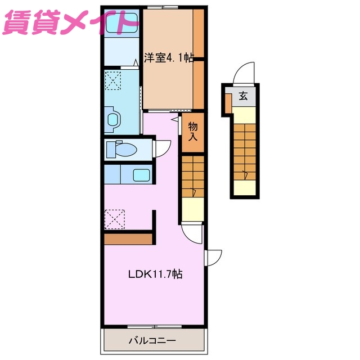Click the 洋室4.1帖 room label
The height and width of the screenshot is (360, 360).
point(168,57)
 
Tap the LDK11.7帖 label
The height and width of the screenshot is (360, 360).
point(155,274)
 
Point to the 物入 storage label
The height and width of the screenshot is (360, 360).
point(193,132)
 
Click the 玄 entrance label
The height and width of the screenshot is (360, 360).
point(243,96)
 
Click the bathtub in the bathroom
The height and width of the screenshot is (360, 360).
point(120,24)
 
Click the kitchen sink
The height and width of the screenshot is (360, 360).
point(141,174)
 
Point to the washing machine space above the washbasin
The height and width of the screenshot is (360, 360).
point(113,80)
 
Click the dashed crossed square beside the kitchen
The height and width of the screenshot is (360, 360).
point(114,218)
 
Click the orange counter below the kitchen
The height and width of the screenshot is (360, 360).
point(129,239)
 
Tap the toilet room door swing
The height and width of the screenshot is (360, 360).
point(162,148)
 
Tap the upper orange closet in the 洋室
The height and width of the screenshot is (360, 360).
point(198,33)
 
